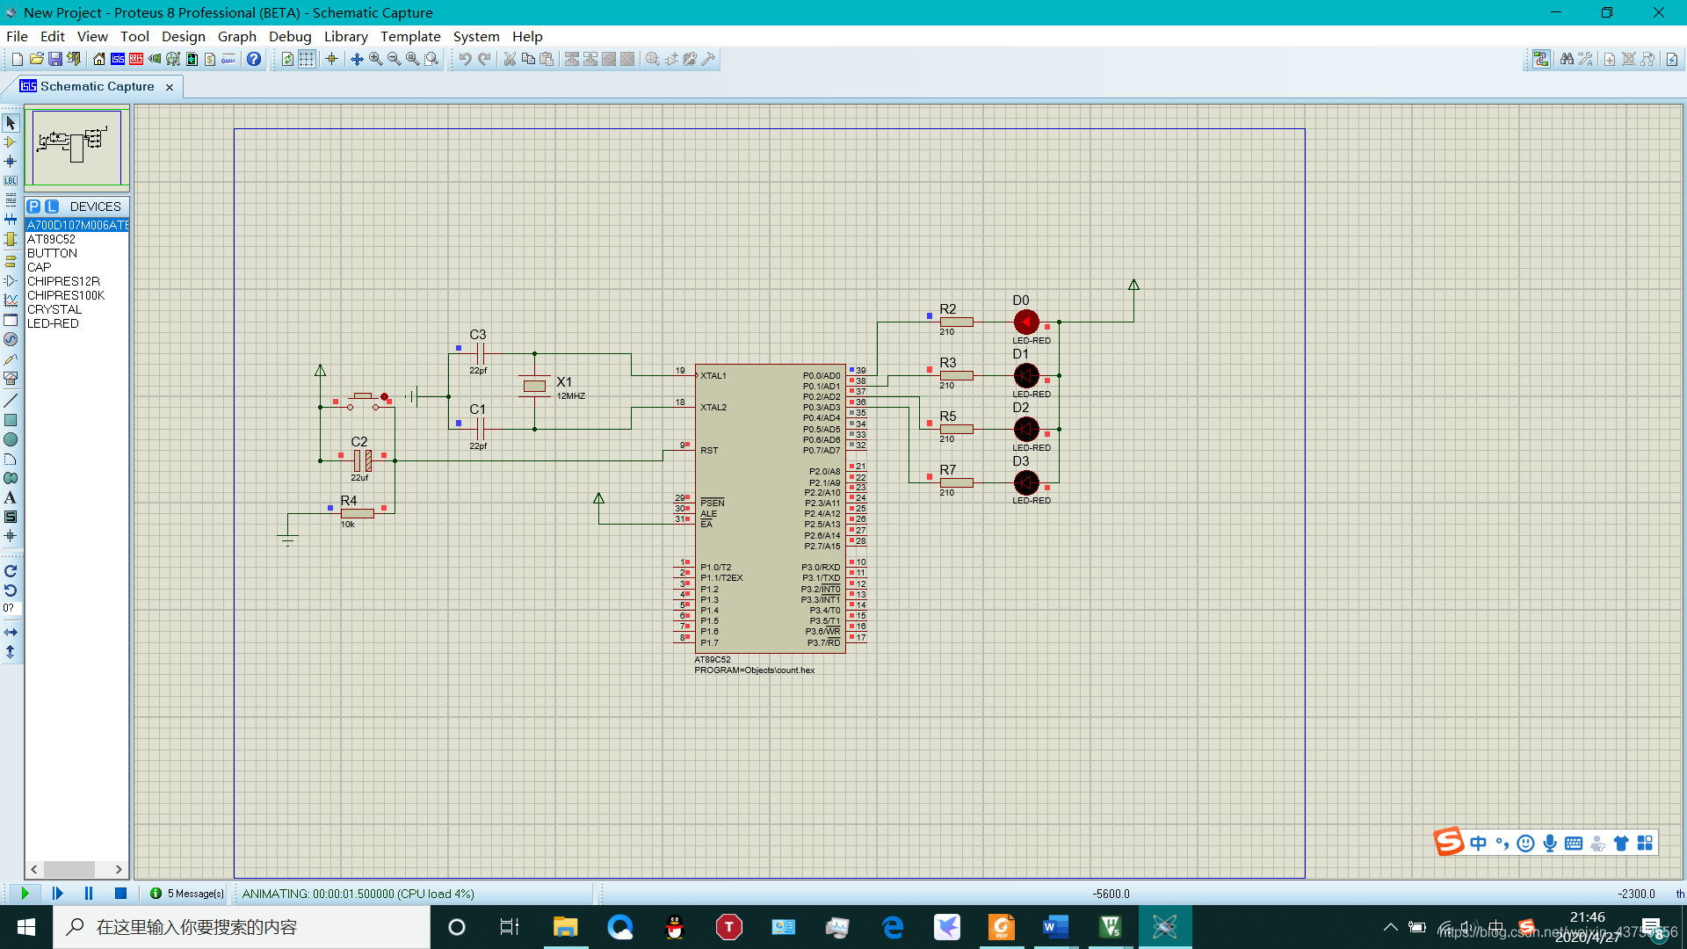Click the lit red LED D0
coord(1025,322)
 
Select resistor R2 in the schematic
coord(956,322)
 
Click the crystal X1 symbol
coord(534,386)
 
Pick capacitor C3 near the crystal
coord(480,353)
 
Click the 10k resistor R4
coord(358,513)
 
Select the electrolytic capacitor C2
coord(362,460)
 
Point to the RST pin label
coord(709,451)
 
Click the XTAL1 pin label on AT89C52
coord(713,376)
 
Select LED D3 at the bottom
coord(1025,482)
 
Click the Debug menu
coord(290,36)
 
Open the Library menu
coord(345,36)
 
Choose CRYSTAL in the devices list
coord(54,309)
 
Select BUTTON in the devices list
coord(52,253)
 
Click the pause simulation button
coord(89,894)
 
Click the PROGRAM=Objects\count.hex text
coord(754,670)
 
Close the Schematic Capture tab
coord(170,87)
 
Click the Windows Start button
coord(26,927)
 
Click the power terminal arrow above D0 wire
coord(1133,285)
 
